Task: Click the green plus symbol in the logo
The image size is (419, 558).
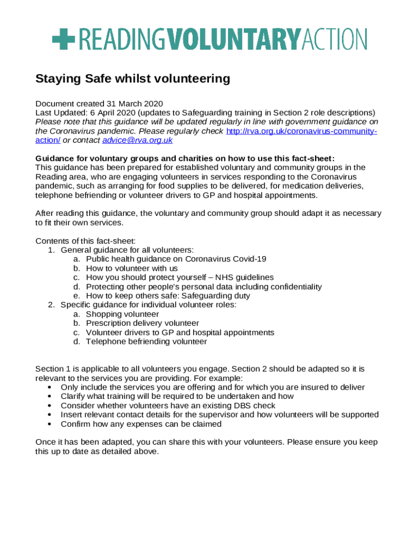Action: tap(64, 39)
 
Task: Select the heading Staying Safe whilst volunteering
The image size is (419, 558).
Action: tap(133, 79)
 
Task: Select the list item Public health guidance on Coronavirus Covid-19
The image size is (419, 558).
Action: tap(176, 259)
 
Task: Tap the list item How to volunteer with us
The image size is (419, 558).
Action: tap(132, 268)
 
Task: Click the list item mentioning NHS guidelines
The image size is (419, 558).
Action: tap(180, 277)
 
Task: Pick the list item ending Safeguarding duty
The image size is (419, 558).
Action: tap(168, 296)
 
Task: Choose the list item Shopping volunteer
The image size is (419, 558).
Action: tap(122, 314)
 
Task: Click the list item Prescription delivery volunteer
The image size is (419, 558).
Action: tap(143, 323)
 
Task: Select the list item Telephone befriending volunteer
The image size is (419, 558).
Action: tap(146, 342)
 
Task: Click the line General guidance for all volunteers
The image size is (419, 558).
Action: tap(127, 250)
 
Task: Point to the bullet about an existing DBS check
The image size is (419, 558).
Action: tap(168, 405)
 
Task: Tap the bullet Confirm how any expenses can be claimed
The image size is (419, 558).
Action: tap(141, 424)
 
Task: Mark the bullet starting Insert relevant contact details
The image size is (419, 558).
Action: tap(219, 415)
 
